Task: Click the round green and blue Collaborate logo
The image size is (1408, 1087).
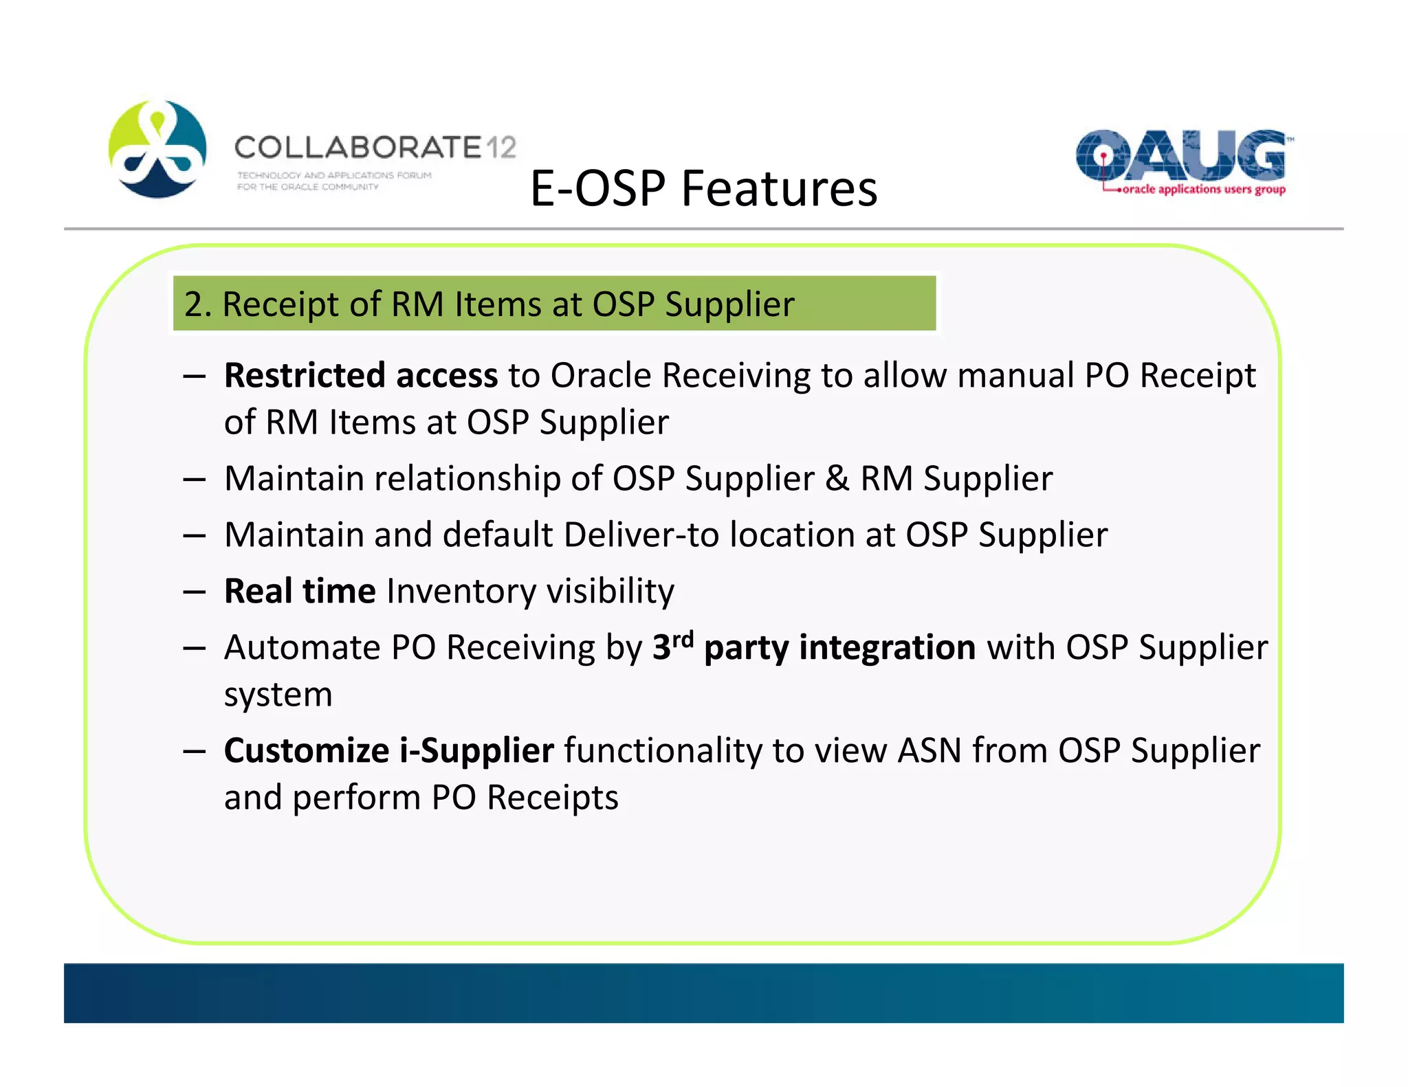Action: click(157, 149)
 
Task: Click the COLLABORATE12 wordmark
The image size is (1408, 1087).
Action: click(375, 147)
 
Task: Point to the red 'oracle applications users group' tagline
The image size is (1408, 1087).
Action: click(1203, 190)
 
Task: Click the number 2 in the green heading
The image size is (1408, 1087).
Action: click(193, 304)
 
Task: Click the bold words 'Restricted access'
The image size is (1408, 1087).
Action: click(360, 376)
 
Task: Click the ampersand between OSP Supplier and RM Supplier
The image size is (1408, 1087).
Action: click(837, 478)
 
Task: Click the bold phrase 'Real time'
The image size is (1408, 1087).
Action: click(300, 591)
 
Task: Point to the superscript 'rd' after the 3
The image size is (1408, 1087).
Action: click(683, 639)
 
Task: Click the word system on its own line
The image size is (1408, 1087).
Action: click(278, 695)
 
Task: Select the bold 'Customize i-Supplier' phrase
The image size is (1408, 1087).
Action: click(388, 750)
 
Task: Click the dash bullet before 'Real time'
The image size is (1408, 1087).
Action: click(195, 592)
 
